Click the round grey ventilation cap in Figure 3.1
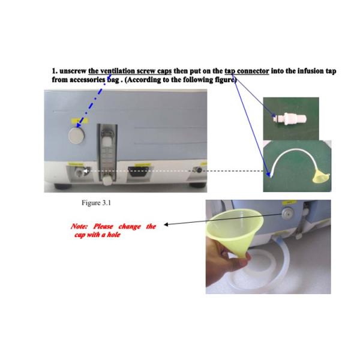click(x=76, y=136)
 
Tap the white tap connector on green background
click(x=290, y=118)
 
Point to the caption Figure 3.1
click(x=96, y=203)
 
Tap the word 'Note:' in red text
click(x=79, y=226)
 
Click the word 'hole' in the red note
click(x=113, y=235)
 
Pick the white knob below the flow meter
click(x=107, y=181)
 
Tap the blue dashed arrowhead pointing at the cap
click(x=79, y=125)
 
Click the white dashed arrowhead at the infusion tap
click(x=85, y=171)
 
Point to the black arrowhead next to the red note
click(x=166, y=224)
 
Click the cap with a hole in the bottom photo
click(x=287, y=214)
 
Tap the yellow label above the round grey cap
click(x=80, y=121)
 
